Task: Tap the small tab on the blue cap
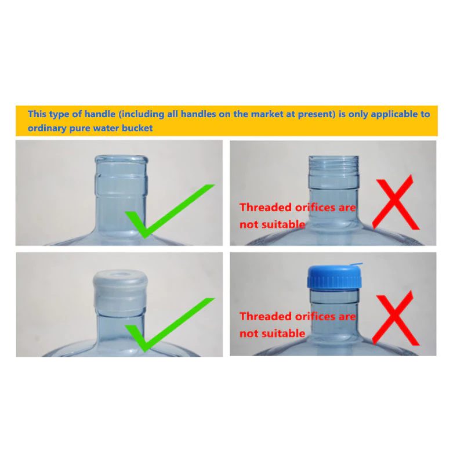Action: coord(356,264)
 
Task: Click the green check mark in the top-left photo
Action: coord(170,211)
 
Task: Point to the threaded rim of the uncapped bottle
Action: coord(333,166)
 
